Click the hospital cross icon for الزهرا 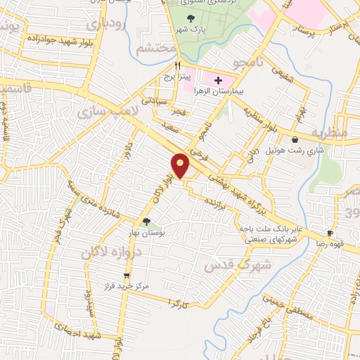click(x=218, y=81)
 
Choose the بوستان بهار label click(x=148, y=232)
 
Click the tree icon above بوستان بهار click(x=146, y=221)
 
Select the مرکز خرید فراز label click(x=127, y=288)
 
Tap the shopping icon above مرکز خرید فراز click(x=127, y=276)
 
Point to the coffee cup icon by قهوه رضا click(x=330, y=232)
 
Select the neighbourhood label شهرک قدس click(x=230, y=265)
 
